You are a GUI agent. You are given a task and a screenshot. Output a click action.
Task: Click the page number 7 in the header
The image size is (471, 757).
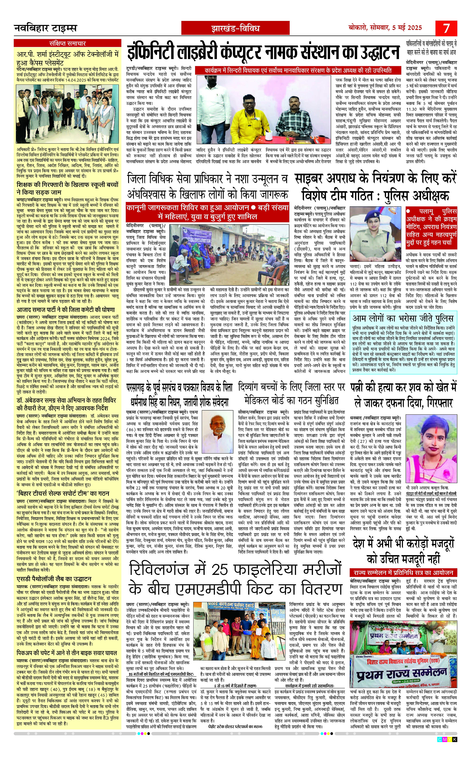tap(446, 28)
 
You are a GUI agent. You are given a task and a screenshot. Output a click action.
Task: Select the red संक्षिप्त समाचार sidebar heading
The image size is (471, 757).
tap(67, 43)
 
